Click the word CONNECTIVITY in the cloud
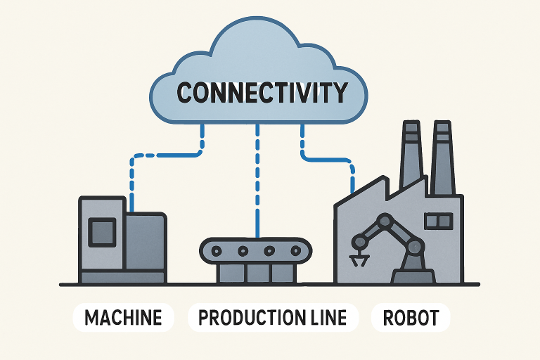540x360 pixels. (262, 92)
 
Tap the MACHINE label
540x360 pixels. (123, 317)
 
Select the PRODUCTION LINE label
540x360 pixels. (273, 317)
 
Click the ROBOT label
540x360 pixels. (411, 317)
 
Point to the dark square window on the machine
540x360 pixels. (101, 231)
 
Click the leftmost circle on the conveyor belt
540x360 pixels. (217, 250)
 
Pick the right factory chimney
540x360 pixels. (442, 155)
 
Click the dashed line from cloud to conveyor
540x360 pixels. (258, 183)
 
